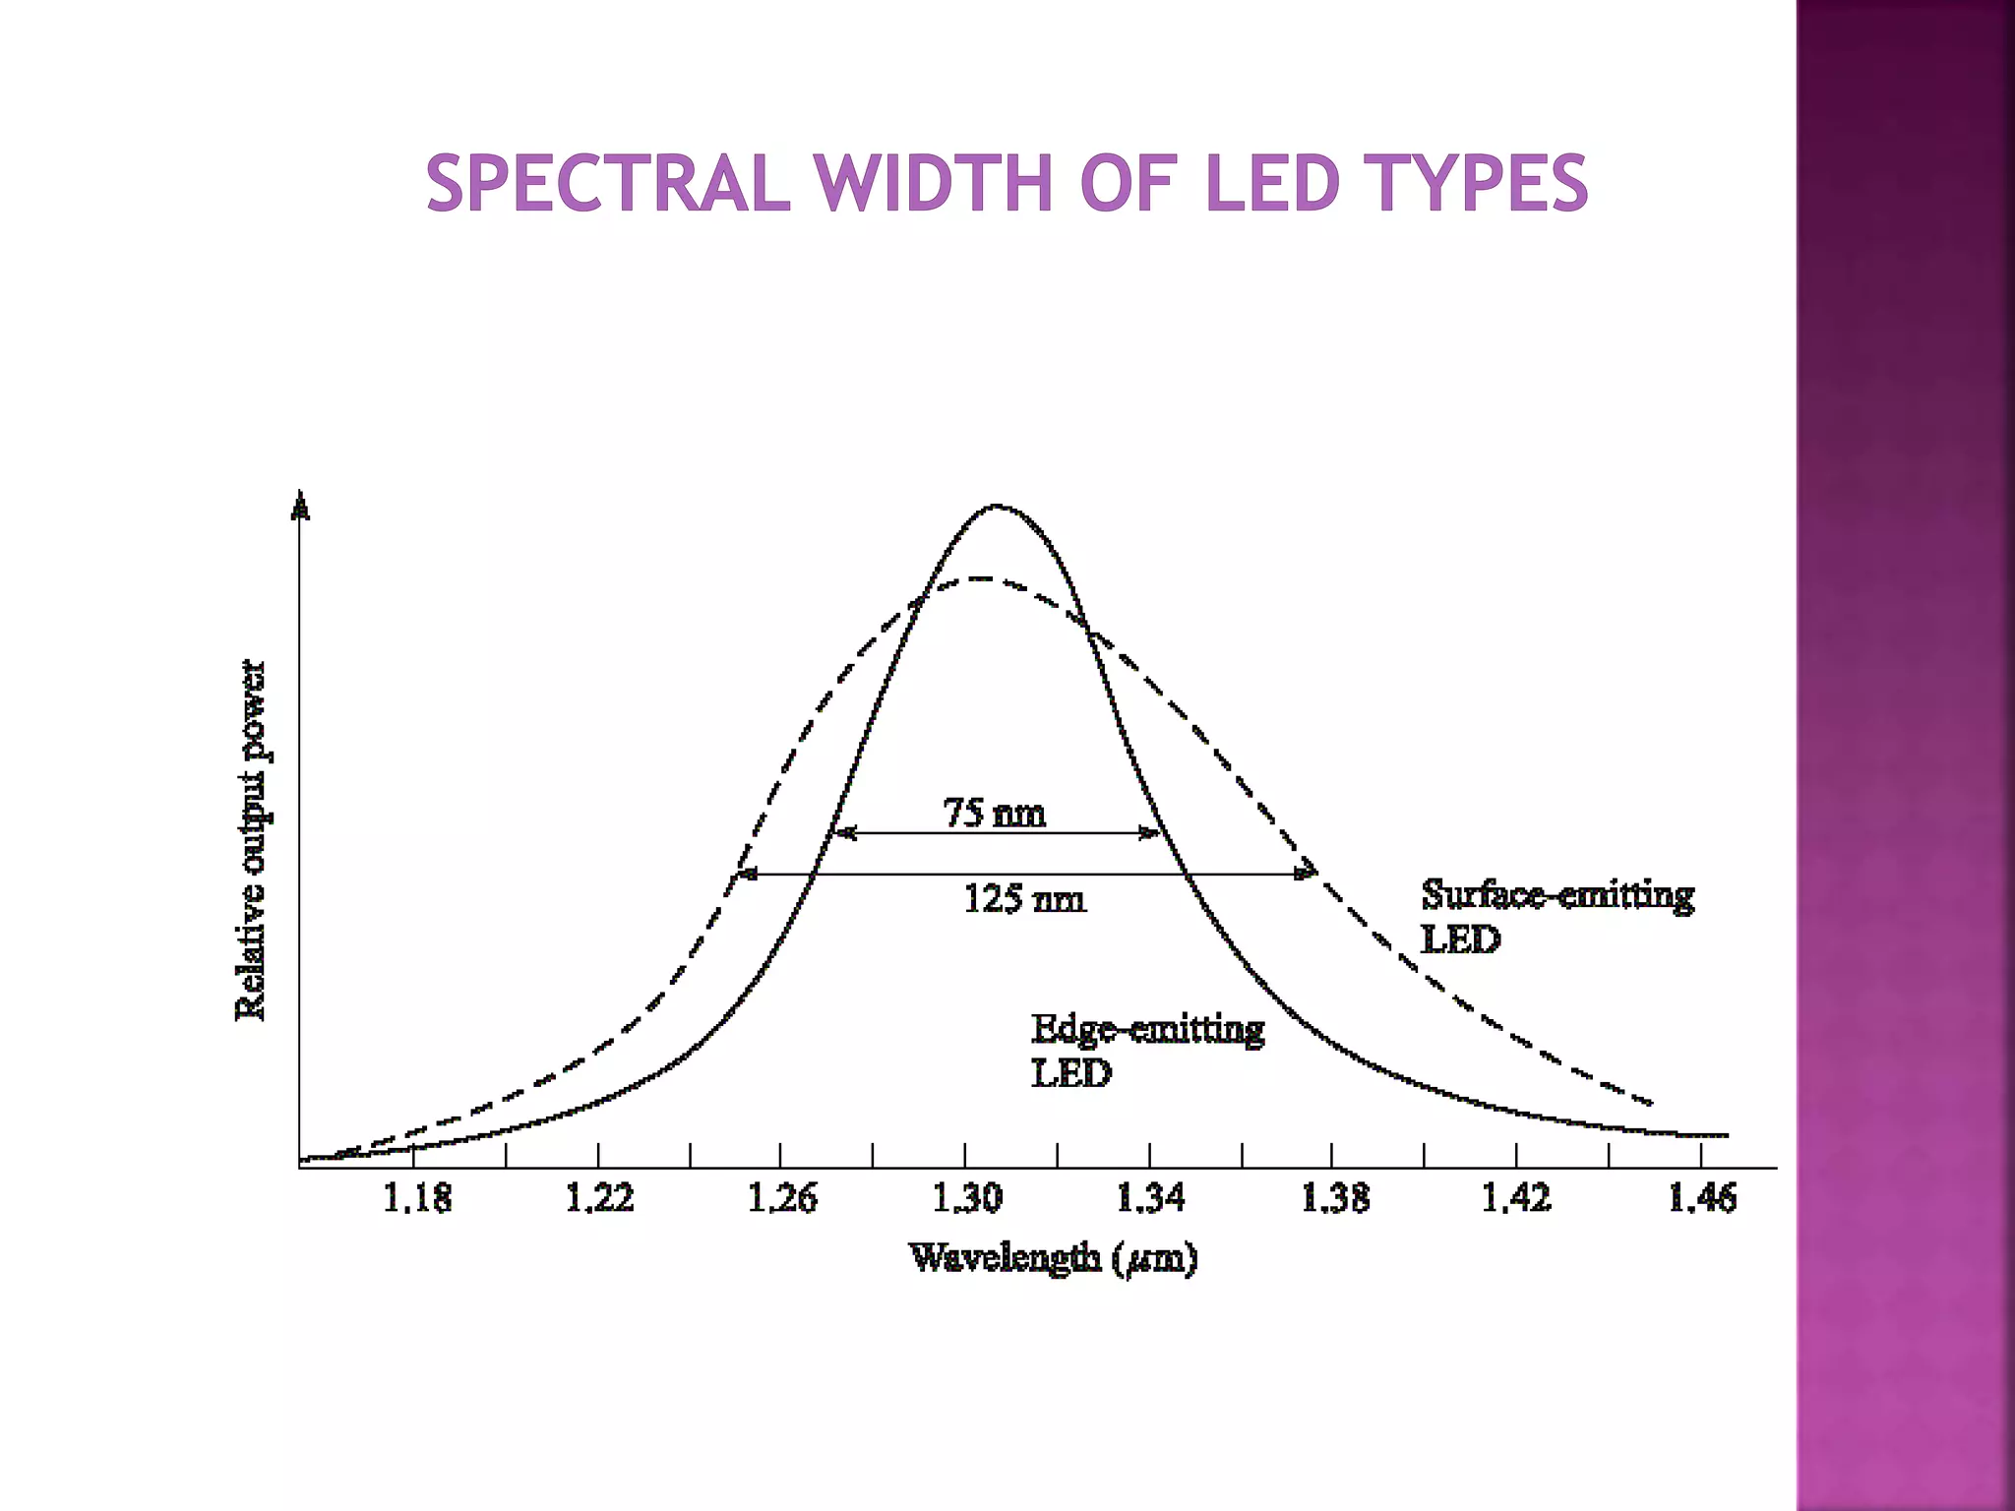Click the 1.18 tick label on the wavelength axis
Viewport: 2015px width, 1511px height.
[x=416, y=1198]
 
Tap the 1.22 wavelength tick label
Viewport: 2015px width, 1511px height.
[x=599, y=1198]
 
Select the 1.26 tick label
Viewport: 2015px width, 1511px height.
[x=782, y=1198]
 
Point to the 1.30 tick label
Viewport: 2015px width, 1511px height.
[x=966, y=1198]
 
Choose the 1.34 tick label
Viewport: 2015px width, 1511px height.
[x=1150, y=1198]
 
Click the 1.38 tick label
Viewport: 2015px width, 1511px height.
[x=1334, y=1198]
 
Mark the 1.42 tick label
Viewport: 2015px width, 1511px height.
[x=1516, y=1198]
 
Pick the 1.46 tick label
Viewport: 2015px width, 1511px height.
[x=1702, y=1198]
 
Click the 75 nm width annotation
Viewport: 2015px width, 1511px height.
[x=995, y=814]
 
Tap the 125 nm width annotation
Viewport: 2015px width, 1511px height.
[x=1024, y=899]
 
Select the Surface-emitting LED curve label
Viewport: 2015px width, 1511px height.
[x=1557, y=916]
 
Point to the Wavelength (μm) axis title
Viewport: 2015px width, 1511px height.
[x=1053, y=1258]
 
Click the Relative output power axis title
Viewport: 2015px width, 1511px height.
[x=252, y=840]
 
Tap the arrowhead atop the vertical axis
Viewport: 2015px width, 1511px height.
[x=301, y=506]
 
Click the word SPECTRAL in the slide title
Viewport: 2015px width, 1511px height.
[x=608, y=184]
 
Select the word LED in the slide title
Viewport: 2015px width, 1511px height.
[x=1272, y=184]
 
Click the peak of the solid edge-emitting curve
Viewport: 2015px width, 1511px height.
[x=997, y=507]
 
